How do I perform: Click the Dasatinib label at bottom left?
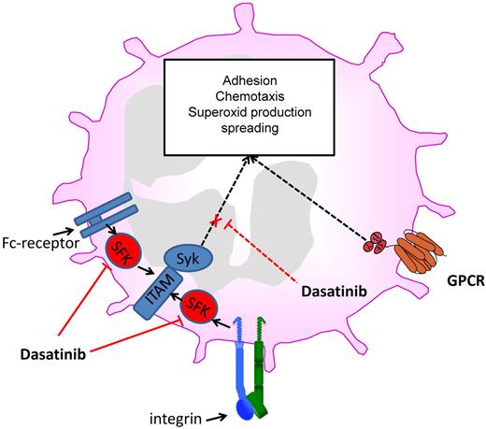tap(59, 356)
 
